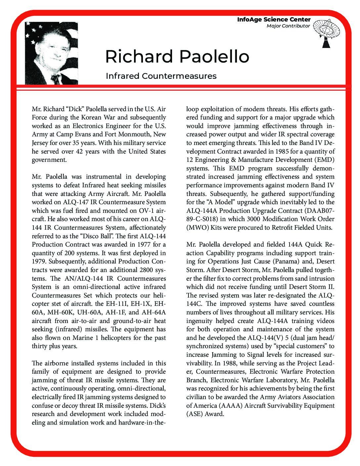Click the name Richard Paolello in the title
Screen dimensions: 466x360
pos(177,57)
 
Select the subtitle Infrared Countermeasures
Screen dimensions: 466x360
pos(161,76)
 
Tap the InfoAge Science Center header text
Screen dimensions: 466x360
pos(274,20)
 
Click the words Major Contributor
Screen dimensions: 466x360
pos(288,26)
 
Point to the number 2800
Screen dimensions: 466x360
pos(150,270)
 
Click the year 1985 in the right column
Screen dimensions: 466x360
pos(281,152)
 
